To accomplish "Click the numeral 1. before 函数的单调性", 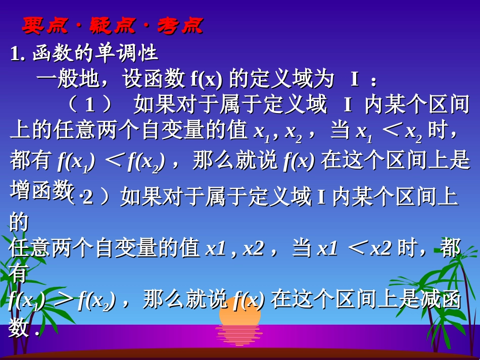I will pyautogui.click(x=18, y=54).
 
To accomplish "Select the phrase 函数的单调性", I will pyautogui.click(x=95, y=54).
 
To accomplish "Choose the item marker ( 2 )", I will pyautogui.click(x=89, y=197).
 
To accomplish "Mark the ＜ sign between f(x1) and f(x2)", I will pyautogui.click(x=115, y=161).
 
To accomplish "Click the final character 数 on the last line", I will pyautogui.click(x=19, y=329).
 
